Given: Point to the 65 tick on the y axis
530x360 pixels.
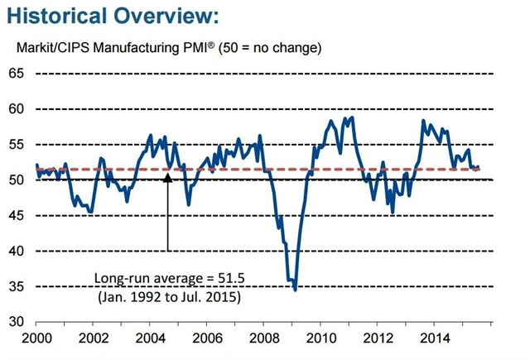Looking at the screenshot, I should pos(17,74).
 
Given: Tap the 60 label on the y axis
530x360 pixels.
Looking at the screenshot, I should pos(17,109).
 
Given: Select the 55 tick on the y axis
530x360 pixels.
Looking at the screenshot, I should pos(17,145).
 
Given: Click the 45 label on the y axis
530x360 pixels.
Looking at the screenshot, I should pos(17,215).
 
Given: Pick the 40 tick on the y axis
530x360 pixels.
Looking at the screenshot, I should pos(17,251).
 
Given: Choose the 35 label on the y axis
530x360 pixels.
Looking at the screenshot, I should pos(17,286).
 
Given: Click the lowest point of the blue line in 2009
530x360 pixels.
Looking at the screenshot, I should pos(296,290).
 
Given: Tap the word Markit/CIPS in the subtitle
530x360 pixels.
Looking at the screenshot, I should pos(51,47).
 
